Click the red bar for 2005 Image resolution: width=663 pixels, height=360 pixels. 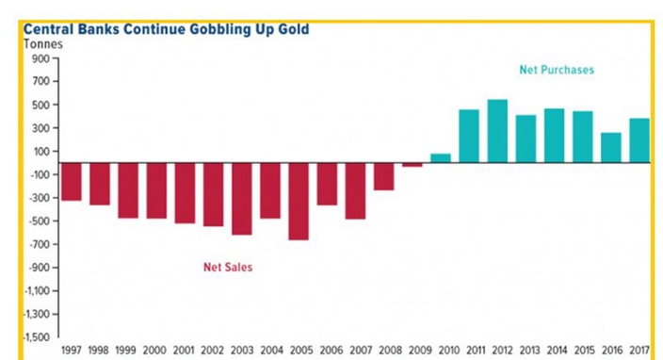pos(299,202)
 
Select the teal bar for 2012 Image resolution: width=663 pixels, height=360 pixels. pos(497,131)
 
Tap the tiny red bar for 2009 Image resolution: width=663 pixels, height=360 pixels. pos(412,165)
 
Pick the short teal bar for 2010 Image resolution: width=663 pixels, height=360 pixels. pos(441,158)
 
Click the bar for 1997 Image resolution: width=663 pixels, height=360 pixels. pos(72,182)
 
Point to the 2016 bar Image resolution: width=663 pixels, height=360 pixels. pos(611,148)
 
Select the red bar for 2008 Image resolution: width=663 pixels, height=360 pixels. pos(384,177)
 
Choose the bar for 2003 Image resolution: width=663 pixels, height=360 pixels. pos(242,199)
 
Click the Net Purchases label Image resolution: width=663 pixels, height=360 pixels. pos(557,70)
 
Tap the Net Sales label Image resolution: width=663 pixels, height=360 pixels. pos(228,268)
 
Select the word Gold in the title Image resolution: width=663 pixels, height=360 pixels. pos(294,29)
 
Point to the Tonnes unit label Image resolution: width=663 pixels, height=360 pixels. pos(43,44)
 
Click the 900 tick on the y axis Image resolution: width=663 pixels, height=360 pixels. pos(40,58)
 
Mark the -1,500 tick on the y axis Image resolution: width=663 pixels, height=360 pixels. pos(37,337)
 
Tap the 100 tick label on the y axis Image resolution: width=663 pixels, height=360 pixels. pos(41,152)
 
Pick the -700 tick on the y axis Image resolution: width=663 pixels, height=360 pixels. pos(39,244)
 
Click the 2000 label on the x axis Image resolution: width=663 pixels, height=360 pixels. pos(154,351)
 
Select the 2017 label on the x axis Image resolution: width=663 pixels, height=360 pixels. pos(639,351)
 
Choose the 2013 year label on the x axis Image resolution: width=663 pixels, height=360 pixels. pos(529,351)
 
